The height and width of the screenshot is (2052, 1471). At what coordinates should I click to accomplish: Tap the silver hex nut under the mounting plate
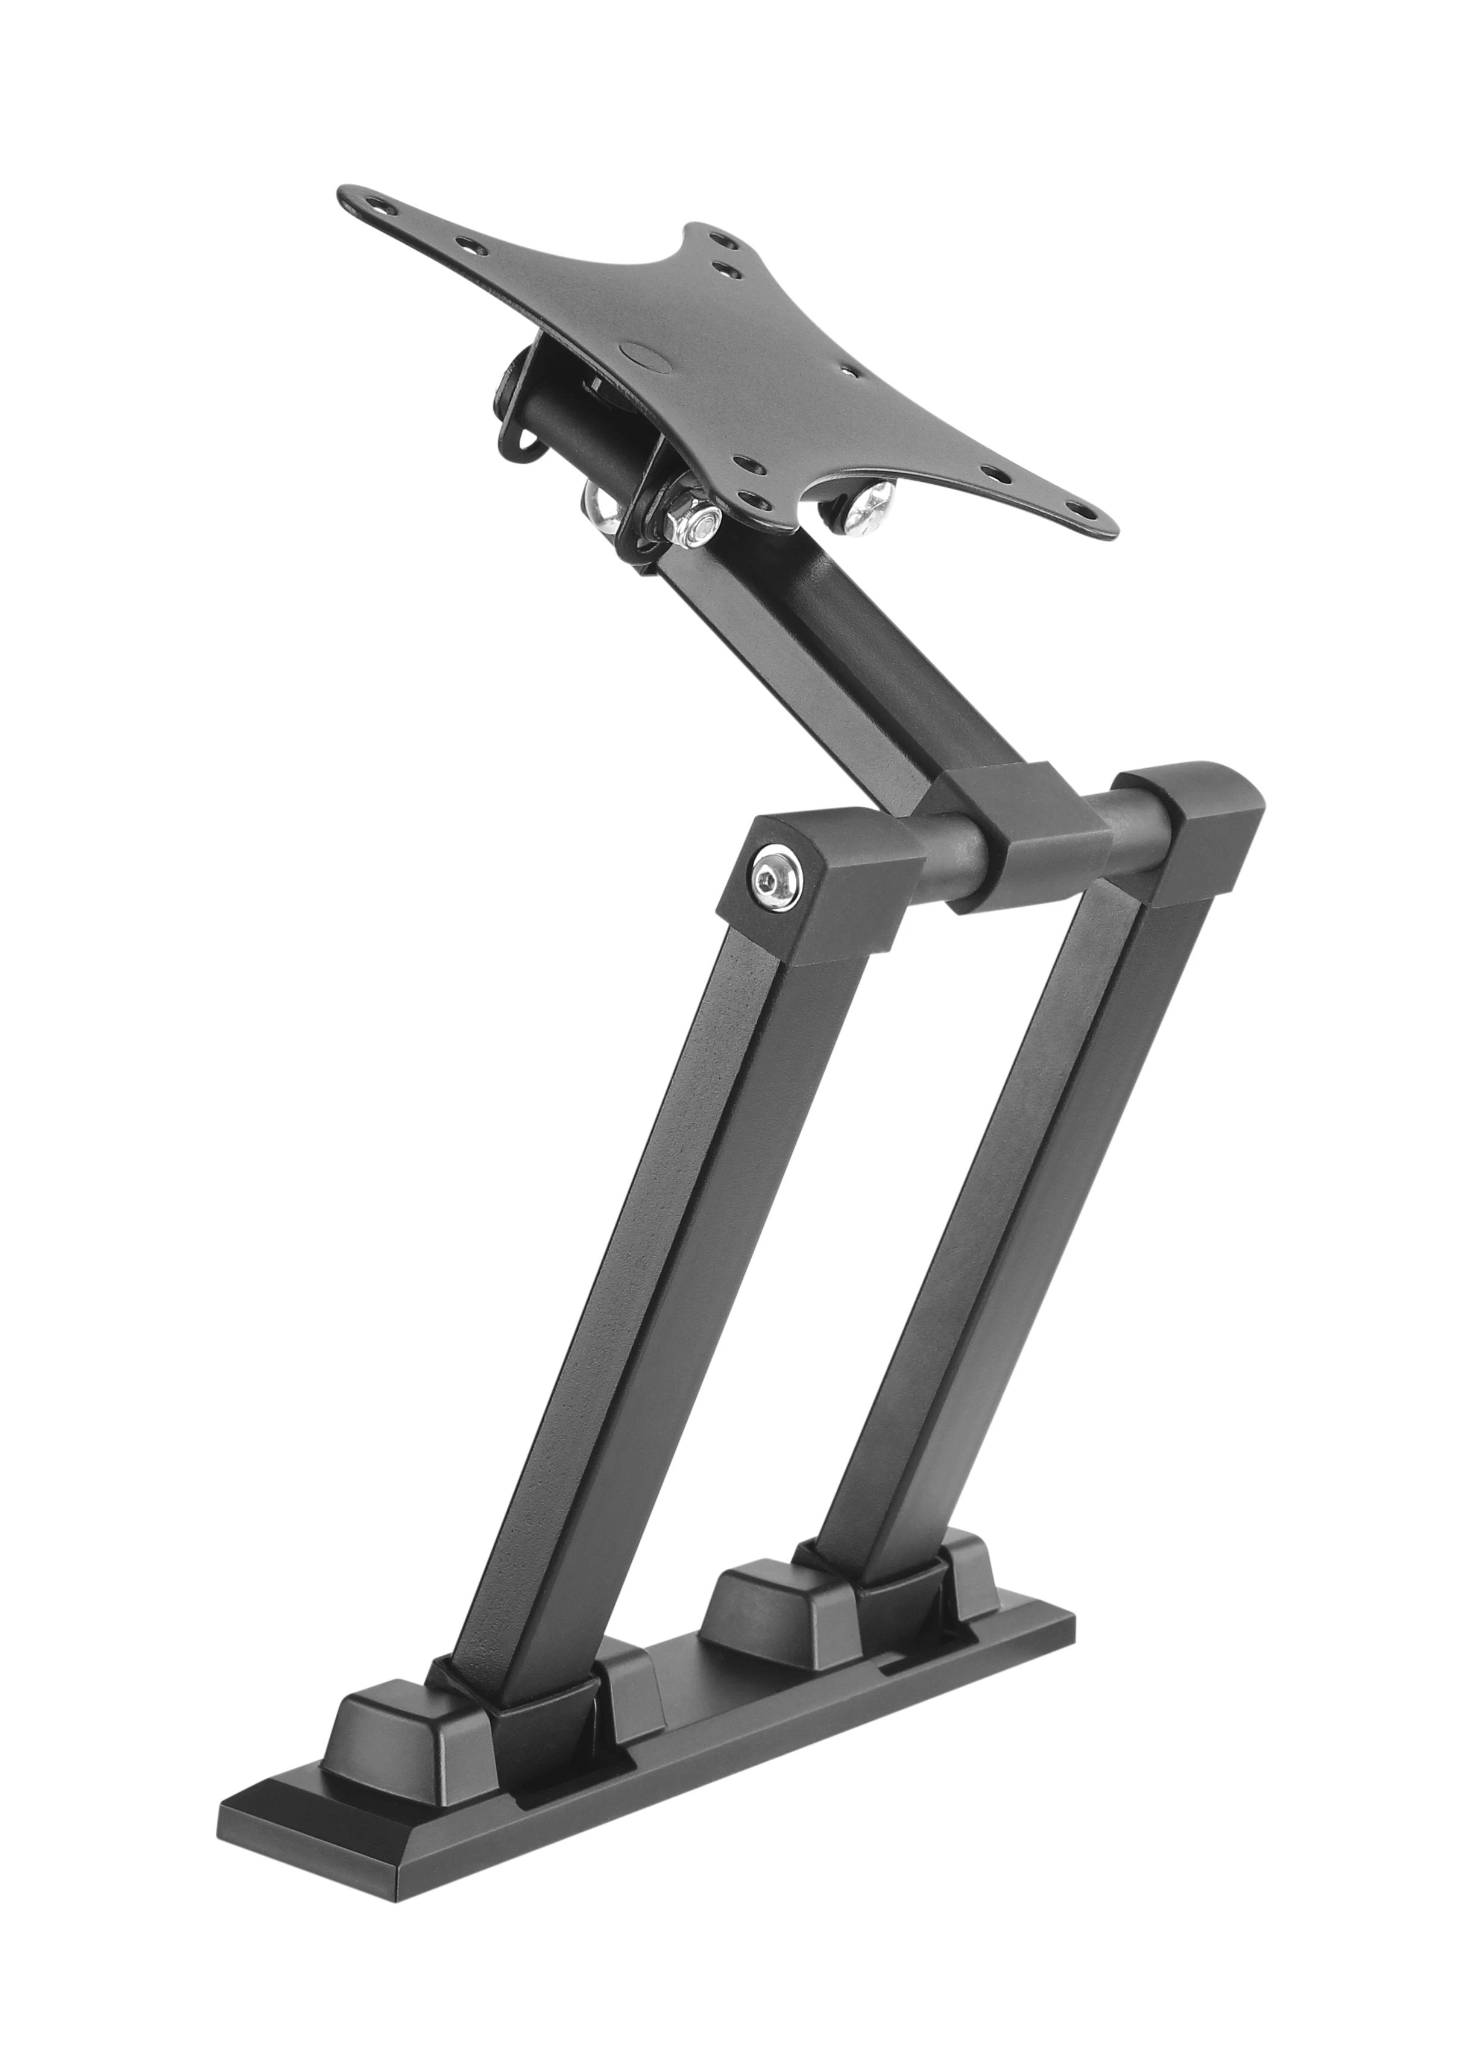click(x=696, y=522)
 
